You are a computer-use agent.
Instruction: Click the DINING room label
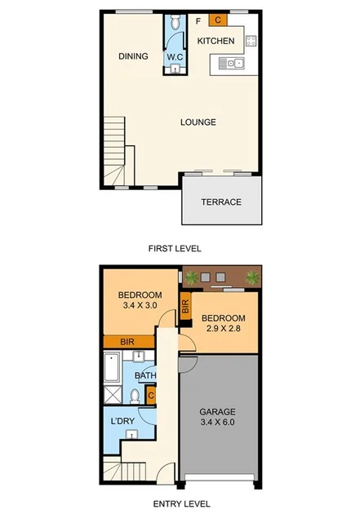click(133, 56)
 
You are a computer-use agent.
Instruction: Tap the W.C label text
click(175, 56)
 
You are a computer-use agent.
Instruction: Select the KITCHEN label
click(216, 41)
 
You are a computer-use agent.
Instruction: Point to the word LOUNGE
click(198, 122)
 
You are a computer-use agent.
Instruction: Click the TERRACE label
click(222, 202)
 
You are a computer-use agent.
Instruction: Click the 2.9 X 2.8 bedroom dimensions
click(221, 330)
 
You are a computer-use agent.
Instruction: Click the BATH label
click(146, 376)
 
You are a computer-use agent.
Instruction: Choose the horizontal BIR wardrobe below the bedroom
click(127, 342)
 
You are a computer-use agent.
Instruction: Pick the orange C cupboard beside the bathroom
click(151, 396)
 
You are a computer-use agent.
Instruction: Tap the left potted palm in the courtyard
click(193, 278)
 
